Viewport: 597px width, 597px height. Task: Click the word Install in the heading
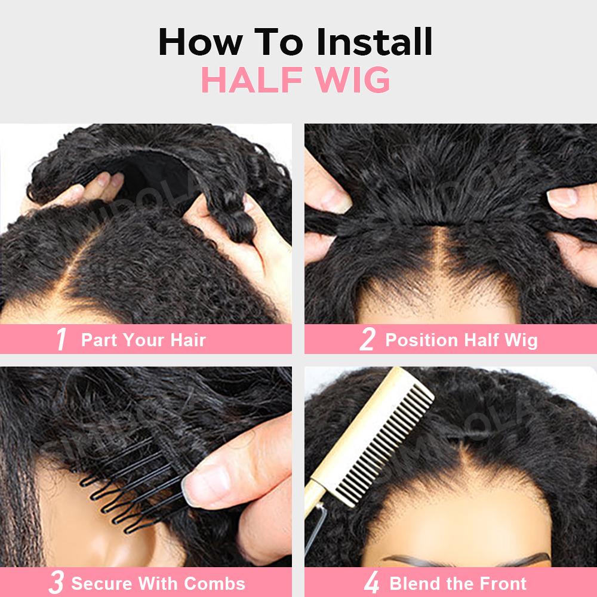tap(375, 42)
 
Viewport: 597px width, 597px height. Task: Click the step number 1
tap(61, 339)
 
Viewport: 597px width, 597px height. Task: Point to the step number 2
tap(367, 339)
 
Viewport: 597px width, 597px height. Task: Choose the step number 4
tap(371, 583)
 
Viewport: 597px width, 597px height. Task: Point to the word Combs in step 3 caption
tap(215, 583)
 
